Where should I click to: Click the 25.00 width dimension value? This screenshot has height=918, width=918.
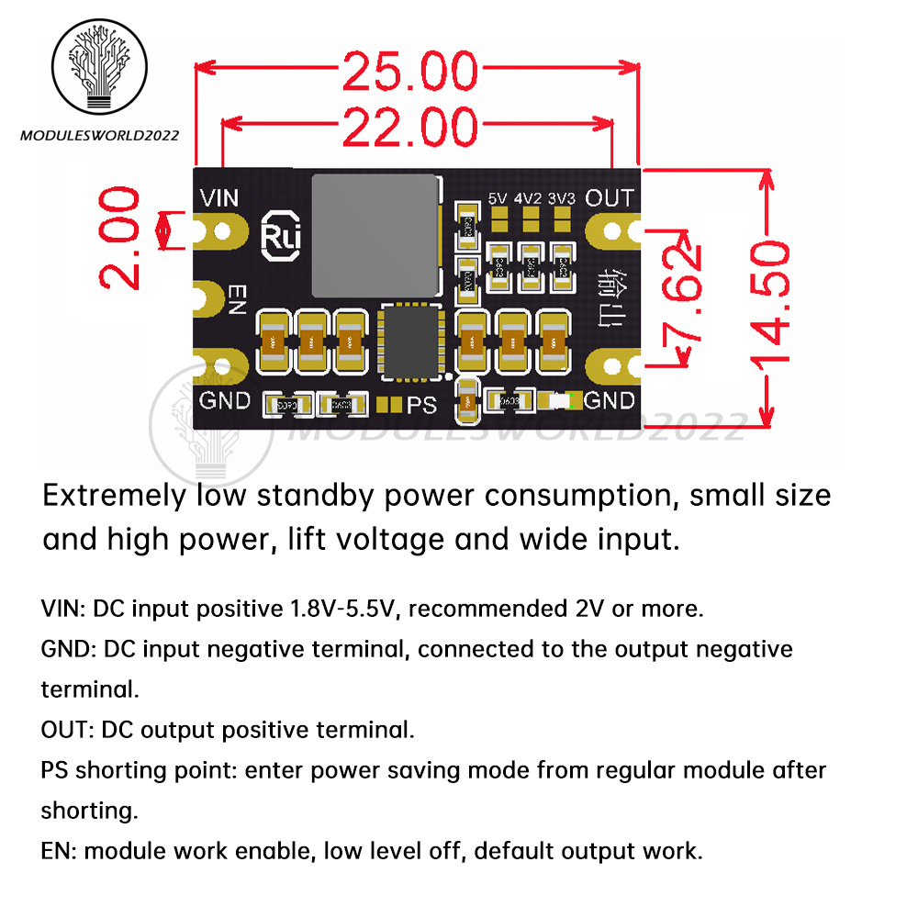[410, 73]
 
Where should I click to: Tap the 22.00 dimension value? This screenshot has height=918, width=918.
[410, 128]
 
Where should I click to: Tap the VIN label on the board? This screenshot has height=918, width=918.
[220, 197]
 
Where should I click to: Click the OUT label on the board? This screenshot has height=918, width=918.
[609, 197]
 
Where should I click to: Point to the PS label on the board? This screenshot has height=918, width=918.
[422, 403]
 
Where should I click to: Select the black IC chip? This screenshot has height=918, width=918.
[412, 343]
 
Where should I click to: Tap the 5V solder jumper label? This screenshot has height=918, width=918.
[498, 197]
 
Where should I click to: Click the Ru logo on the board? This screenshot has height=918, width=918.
[276, 233]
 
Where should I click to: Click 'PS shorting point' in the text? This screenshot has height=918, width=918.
[138, 769]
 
